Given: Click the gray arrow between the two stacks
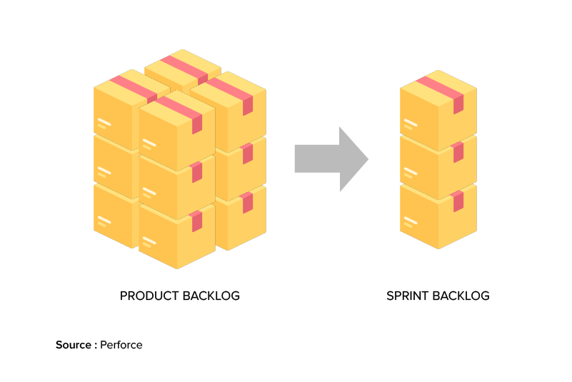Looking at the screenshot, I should pyautogui.click(x=330, y=159).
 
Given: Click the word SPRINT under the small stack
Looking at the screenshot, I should pyautogui.click(x=408, y=296).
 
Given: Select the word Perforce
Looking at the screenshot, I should pyautogui.click(x=121, y=345).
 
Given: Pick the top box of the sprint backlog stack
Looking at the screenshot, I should pyautogui.click(x=438, y=111).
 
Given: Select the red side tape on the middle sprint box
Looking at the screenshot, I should pyautogui.click(x=458, y=152).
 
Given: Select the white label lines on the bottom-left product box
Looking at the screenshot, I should pyautogui.click(x=105, y=220).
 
